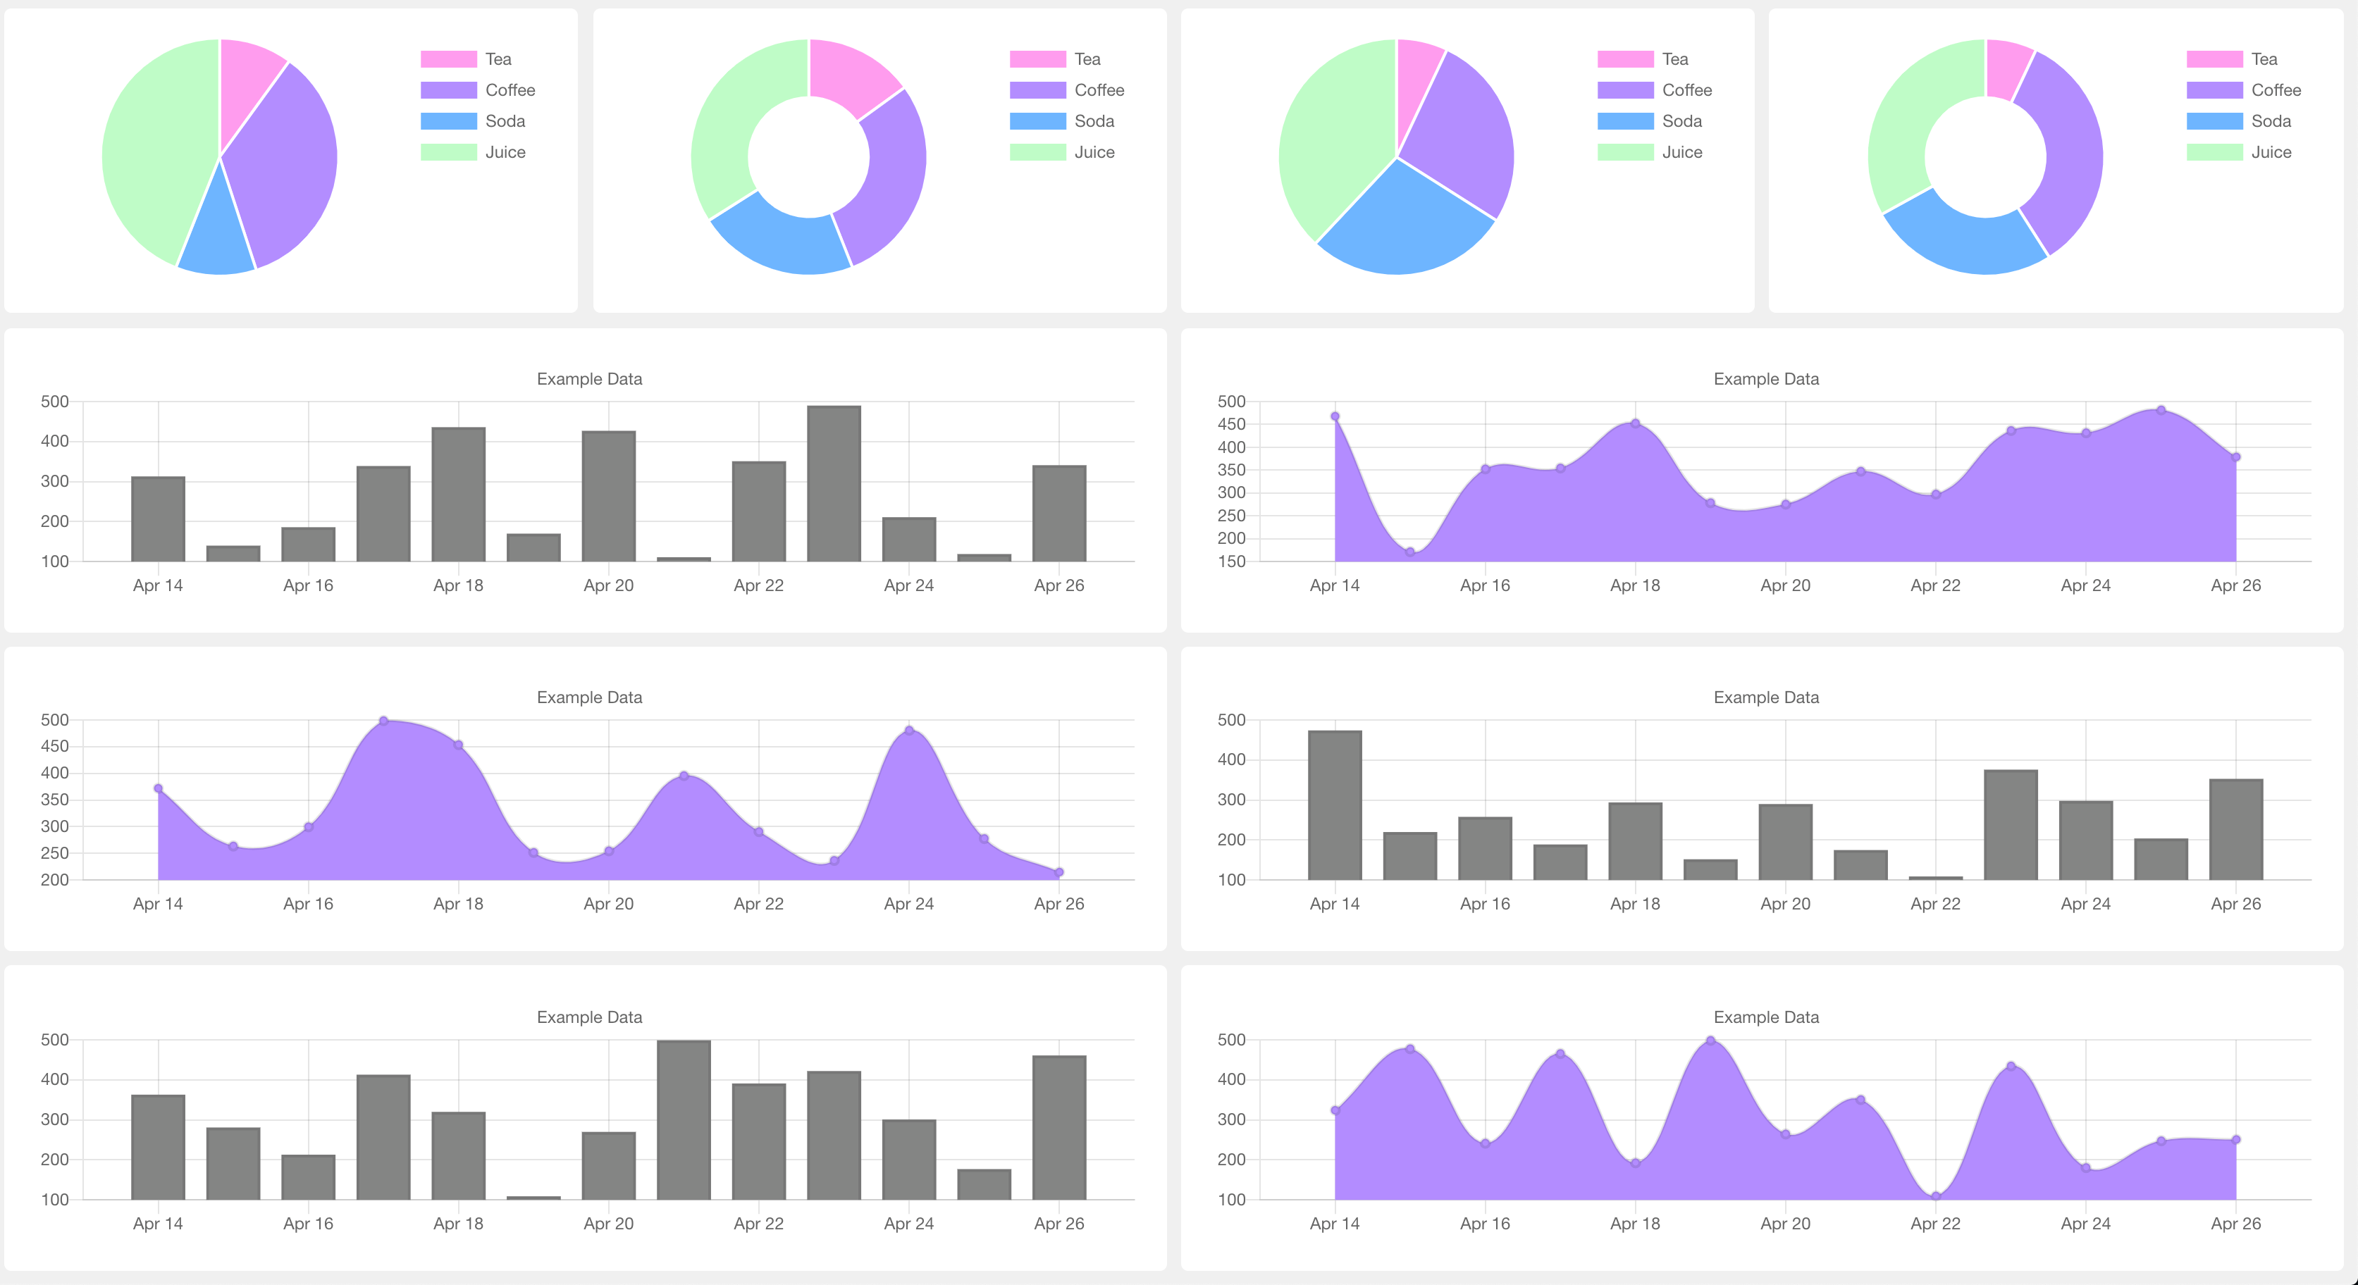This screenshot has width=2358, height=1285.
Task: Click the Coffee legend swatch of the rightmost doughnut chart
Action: [2214, 89]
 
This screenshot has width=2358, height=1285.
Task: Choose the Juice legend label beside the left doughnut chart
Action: [1094, 152]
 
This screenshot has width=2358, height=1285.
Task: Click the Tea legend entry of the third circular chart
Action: [1674, 58]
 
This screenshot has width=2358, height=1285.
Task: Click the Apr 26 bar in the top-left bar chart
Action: [1058, 513]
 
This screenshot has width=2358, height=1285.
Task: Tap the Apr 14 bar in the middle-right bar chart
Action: [1334, 805]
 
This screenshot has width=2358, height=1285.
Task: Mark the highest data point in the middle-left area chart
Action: [383, 721]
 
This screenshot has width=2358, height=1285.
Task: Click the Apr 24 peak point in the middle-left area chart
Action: [908, 731]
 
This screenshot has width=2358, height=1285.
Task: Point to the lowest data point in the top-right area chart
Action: [1409, 552]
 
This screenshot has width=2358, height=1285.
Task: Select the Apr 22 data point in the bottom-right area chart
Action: [1935, 1196]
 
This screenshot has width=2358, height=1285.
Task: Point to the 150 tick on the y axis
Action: [1231, 561]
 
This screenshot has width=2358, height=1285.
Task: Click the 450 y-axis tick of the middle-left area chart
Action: [55, 746]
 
